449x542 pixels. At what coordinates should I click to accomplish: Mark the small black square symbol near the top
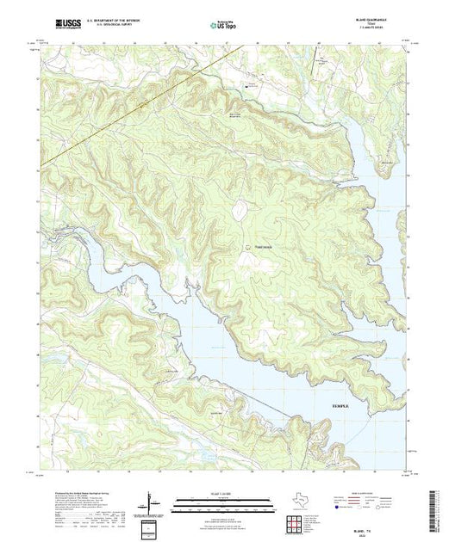point(248,85)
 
